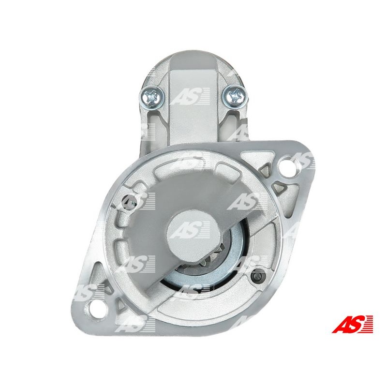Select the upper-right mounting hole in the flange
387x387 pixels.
click(287, 167)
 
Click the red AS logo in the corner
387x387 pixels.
click(353, 324)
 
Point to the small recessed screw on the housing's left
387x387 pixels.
click(130, 203)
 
